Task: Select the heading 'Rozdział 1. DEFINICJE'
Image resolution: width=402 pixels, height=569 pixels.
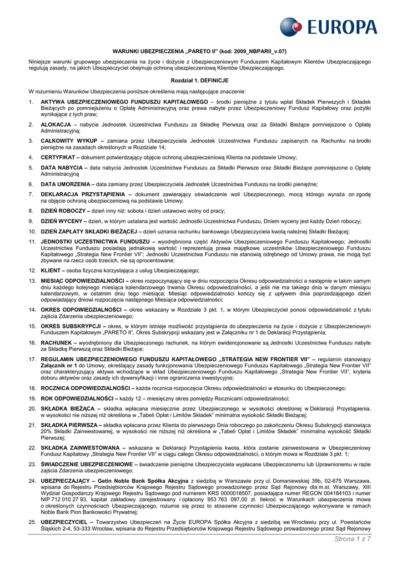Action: pyautogui.click(x=199, y=81)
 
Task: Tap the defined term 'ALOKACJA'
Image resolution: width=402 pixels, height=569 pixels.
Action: pyautogui.click(x=56, y=124)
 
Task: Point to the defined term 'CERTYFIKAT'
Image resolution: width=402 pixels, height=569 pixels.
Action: pyautogui.click(x=58, y=157)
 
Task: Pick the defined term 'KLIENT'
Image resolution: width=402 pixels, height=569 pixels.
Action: pyautogui.click(x=52, y=270)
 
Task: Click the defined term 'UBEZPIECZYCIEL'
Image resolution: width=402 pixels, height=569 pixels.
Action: pyautogui.click(x=64, y=523)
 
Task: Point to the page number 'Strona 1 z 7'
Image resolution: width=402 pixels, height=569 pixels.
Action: pyautogui.click(x=353, y=538)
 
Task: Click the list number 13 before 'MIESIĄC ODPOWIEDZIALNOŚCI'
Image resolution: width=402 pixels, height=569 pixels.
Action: pyautogui.click(x=32, y=281)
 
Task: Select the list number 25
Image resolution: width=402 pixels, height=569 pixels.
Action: pyautogui.click(x=32, y=523)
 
